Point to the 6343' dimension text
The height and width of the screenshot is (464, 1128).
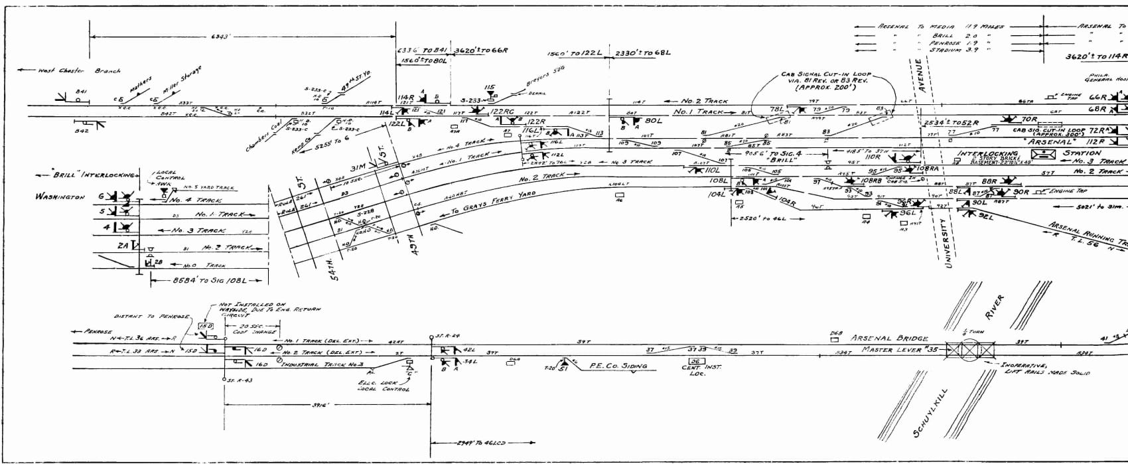click(x=220, y=37)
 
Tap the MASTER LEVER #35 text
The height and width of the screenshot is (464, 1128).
click(x=900, y=350)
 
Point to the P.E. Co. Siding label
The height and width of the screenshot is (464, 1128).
click(x=618, y=366)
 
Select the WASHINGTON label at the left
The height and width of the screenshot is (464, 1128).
click(x=60, y=197)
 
